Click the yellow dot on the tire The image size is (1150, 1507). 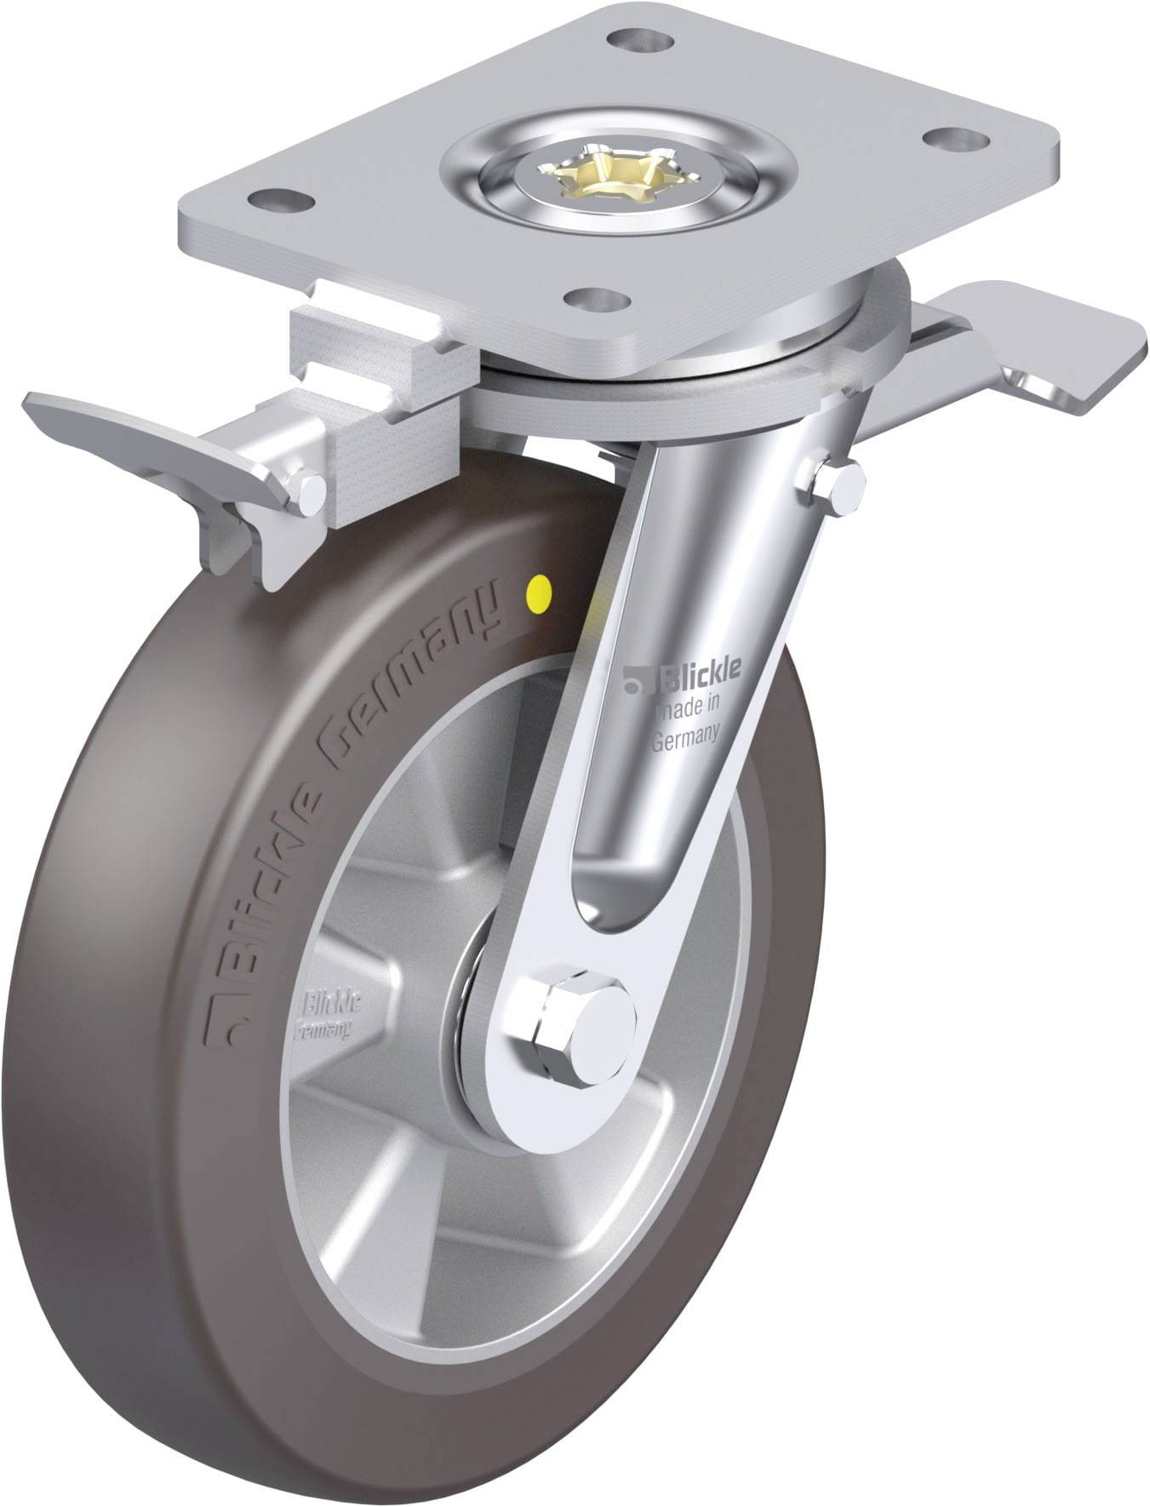[x=538, y=588]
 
